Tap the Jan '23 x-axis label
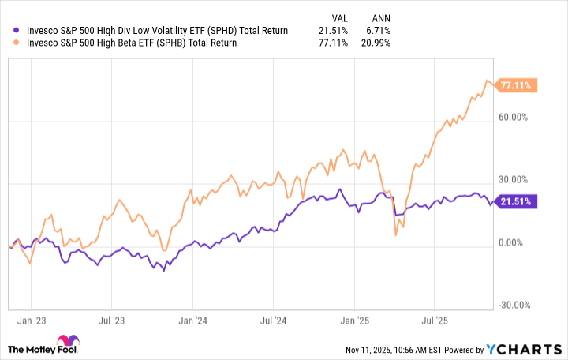point(31,322)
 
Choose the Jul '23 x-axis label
point(112,322)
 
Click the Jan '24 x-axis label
point(192,322)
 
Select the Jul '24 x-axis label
point(273,322)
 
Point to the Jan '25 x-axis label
point(353,322)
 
